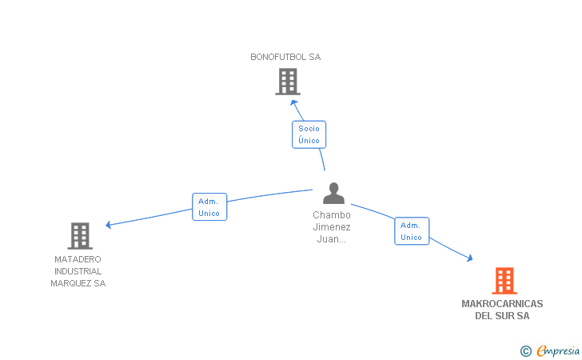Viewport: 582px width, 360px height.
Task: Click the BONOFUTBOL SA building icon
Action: click(x=288, y=82)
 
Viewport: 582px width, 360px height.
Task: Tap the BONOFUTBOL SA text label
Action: click(x=285, y=57)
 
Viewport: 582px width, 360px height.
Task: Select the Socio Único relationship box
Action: click(x=309, y=134)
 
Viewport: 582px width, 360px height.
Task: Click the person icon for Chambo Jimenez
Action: click(x=333, y=193)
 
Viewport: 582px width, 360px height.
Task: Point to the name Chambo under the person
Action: click(x=332, y=215)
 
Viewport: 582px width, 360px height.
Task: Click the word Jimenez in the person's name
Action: click(x=332, y=227)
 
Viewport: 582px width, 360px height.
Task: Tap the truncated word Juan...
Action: click(x=331, y=239)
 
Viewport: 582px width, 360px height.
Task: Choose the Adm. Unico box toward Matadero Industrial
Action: click(x=209, y=207)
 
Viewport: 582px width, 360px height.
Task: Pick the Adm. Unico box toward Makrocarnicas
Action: click(x=412, y=231)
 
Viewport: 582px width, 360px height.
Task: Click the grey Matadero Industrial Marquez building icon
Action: click(x=80, y=236)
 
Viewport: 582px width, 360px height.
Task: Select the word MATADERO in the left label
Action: click(x=78, y=259)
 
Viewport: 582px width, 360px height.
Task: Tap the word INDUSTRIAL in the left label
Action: click(x=78, y=271)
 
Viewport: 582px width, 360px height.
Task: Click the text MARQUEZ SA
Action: click(x=78, y=283)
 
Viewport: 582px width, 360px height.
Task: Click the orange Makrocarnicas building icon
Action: click(x=504, y=281)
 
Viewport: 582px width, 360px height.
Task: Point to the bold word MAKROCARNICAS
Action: click(x=502, y=304)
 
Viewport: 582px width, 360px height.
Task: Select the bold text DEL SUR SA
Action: click(x=502, y=316)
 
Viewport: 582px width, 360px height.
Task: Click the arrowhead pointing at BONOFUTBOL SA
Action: click(x=293, y=102)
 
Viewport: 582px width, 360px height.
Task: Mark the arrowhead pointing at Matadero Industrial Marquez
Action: click(x=109, y=225)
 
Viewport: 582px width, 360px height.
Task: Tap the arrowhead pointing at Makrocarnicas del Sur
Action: click(x=470, y=258)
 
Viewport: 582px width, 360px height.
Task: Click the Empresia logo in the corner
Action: click(x=550, y=350)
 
